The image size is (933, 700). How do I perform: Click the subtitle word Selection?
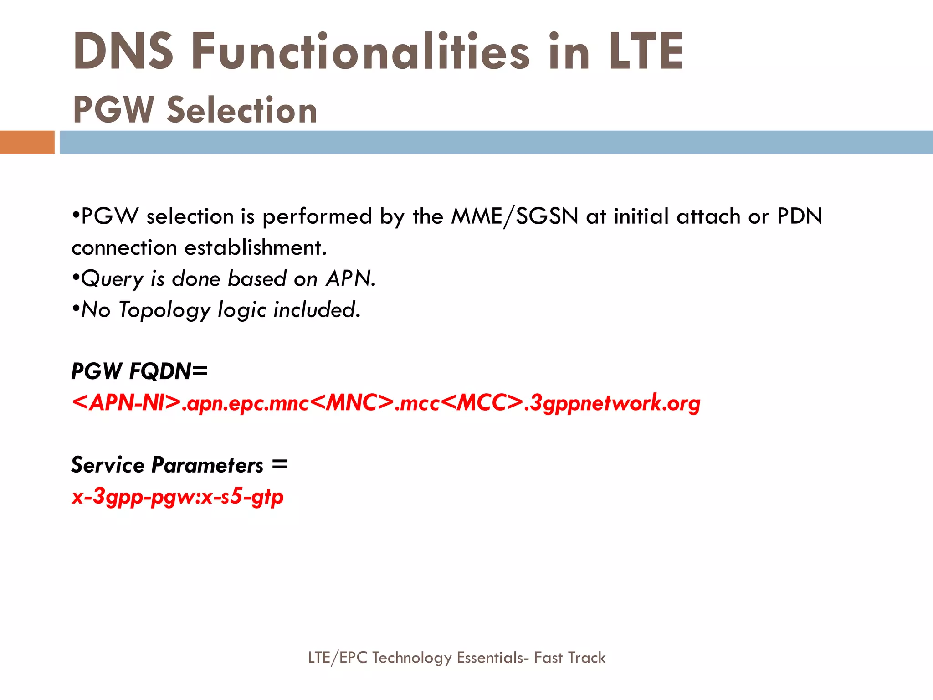point(242,110)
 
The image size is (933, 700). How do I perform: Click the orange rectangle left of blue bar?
point(27,142)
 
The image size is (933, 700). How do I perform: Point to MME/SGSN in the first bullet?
point(514,216)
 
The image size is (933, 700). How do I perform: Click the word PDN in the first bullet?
point(800,216)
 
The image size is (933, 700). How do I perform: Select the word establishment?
point(256,248)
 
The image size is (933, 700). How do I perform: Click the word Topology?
point(164,310)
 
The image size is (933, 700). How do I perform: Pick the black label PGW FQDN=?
point(139,371)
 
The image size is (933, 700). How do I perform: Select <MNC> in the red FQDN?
point(354,403)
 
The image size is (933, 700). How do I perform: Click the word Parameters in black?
point(208,465)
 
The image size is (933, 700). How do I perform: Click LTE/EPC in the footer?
point(337,658)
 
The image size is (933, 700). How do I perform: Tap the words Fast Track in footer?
point(569,658)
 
